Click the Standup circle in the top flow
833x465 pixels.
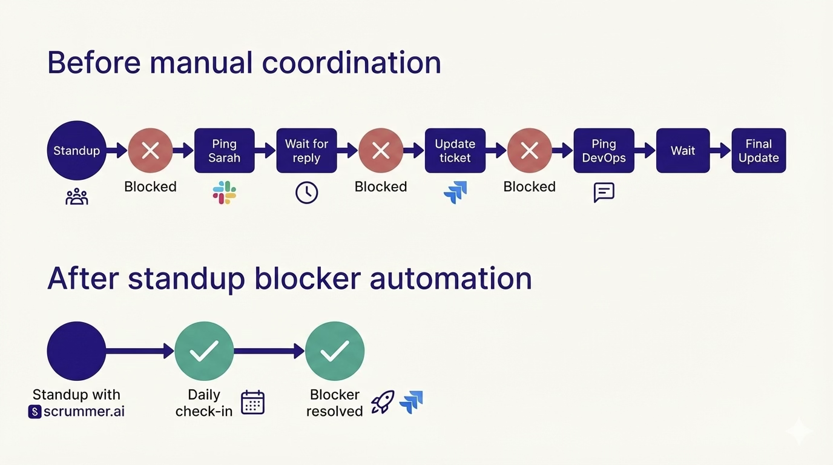tap(76, 151)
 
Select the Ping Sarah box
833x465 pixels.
tap(225, 151)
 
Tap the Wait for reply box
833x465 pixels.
tap(306, 151)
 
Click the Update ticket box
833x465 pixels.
tap(455, 151)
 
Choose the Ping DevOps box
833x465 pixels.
tap(604, 151)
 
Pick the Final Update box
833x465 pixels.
tap(759, 151)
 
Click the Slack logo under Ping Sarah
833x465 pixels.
tap(225, 193)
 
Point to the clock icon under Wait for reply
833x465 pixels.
tap(306, 193)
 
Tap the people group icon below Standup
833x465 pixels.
tap(76, 196)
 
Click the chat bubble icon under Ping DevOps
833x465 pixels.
tap(604, 193)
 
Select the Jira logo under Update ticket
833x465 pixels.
tap(455, 193)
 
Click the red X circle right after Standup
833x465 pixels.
tap(150, 151)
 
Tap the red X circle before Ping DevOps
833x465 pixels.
tap(530, 151)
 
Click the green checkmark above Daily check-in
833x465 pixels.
tap(204, 351)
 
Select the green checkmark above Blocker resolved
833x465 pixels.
tap(335, 351)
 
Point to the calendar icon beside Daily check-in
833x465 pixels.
tap(252, 403)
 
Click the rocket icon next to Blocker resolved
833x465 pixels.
tap(382, 402)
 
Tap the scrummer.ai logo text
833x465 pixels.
tap(77, 412)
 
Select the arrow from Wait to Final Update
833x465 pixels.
tap(720, 151)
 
